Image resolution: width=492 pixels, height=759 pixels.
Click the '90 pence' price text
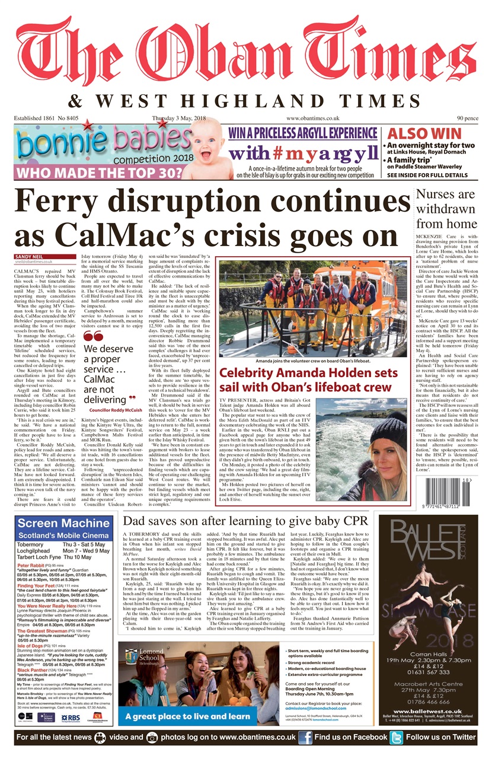click(466, 119)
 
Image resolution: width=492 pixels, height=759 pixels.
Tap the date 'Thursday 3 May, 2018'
click(178, 119)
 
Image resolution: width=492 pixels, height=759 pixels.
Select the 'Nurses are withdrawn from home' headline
click(445, 209)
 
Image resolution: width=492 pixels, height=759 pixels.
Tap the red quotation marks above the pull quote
click(94, 337)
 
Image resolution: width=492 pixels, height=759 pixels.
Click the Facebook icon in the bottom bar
click(305, 737)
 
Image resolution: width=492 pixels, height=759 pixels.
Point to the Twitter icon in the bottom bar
click(396, 737)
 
